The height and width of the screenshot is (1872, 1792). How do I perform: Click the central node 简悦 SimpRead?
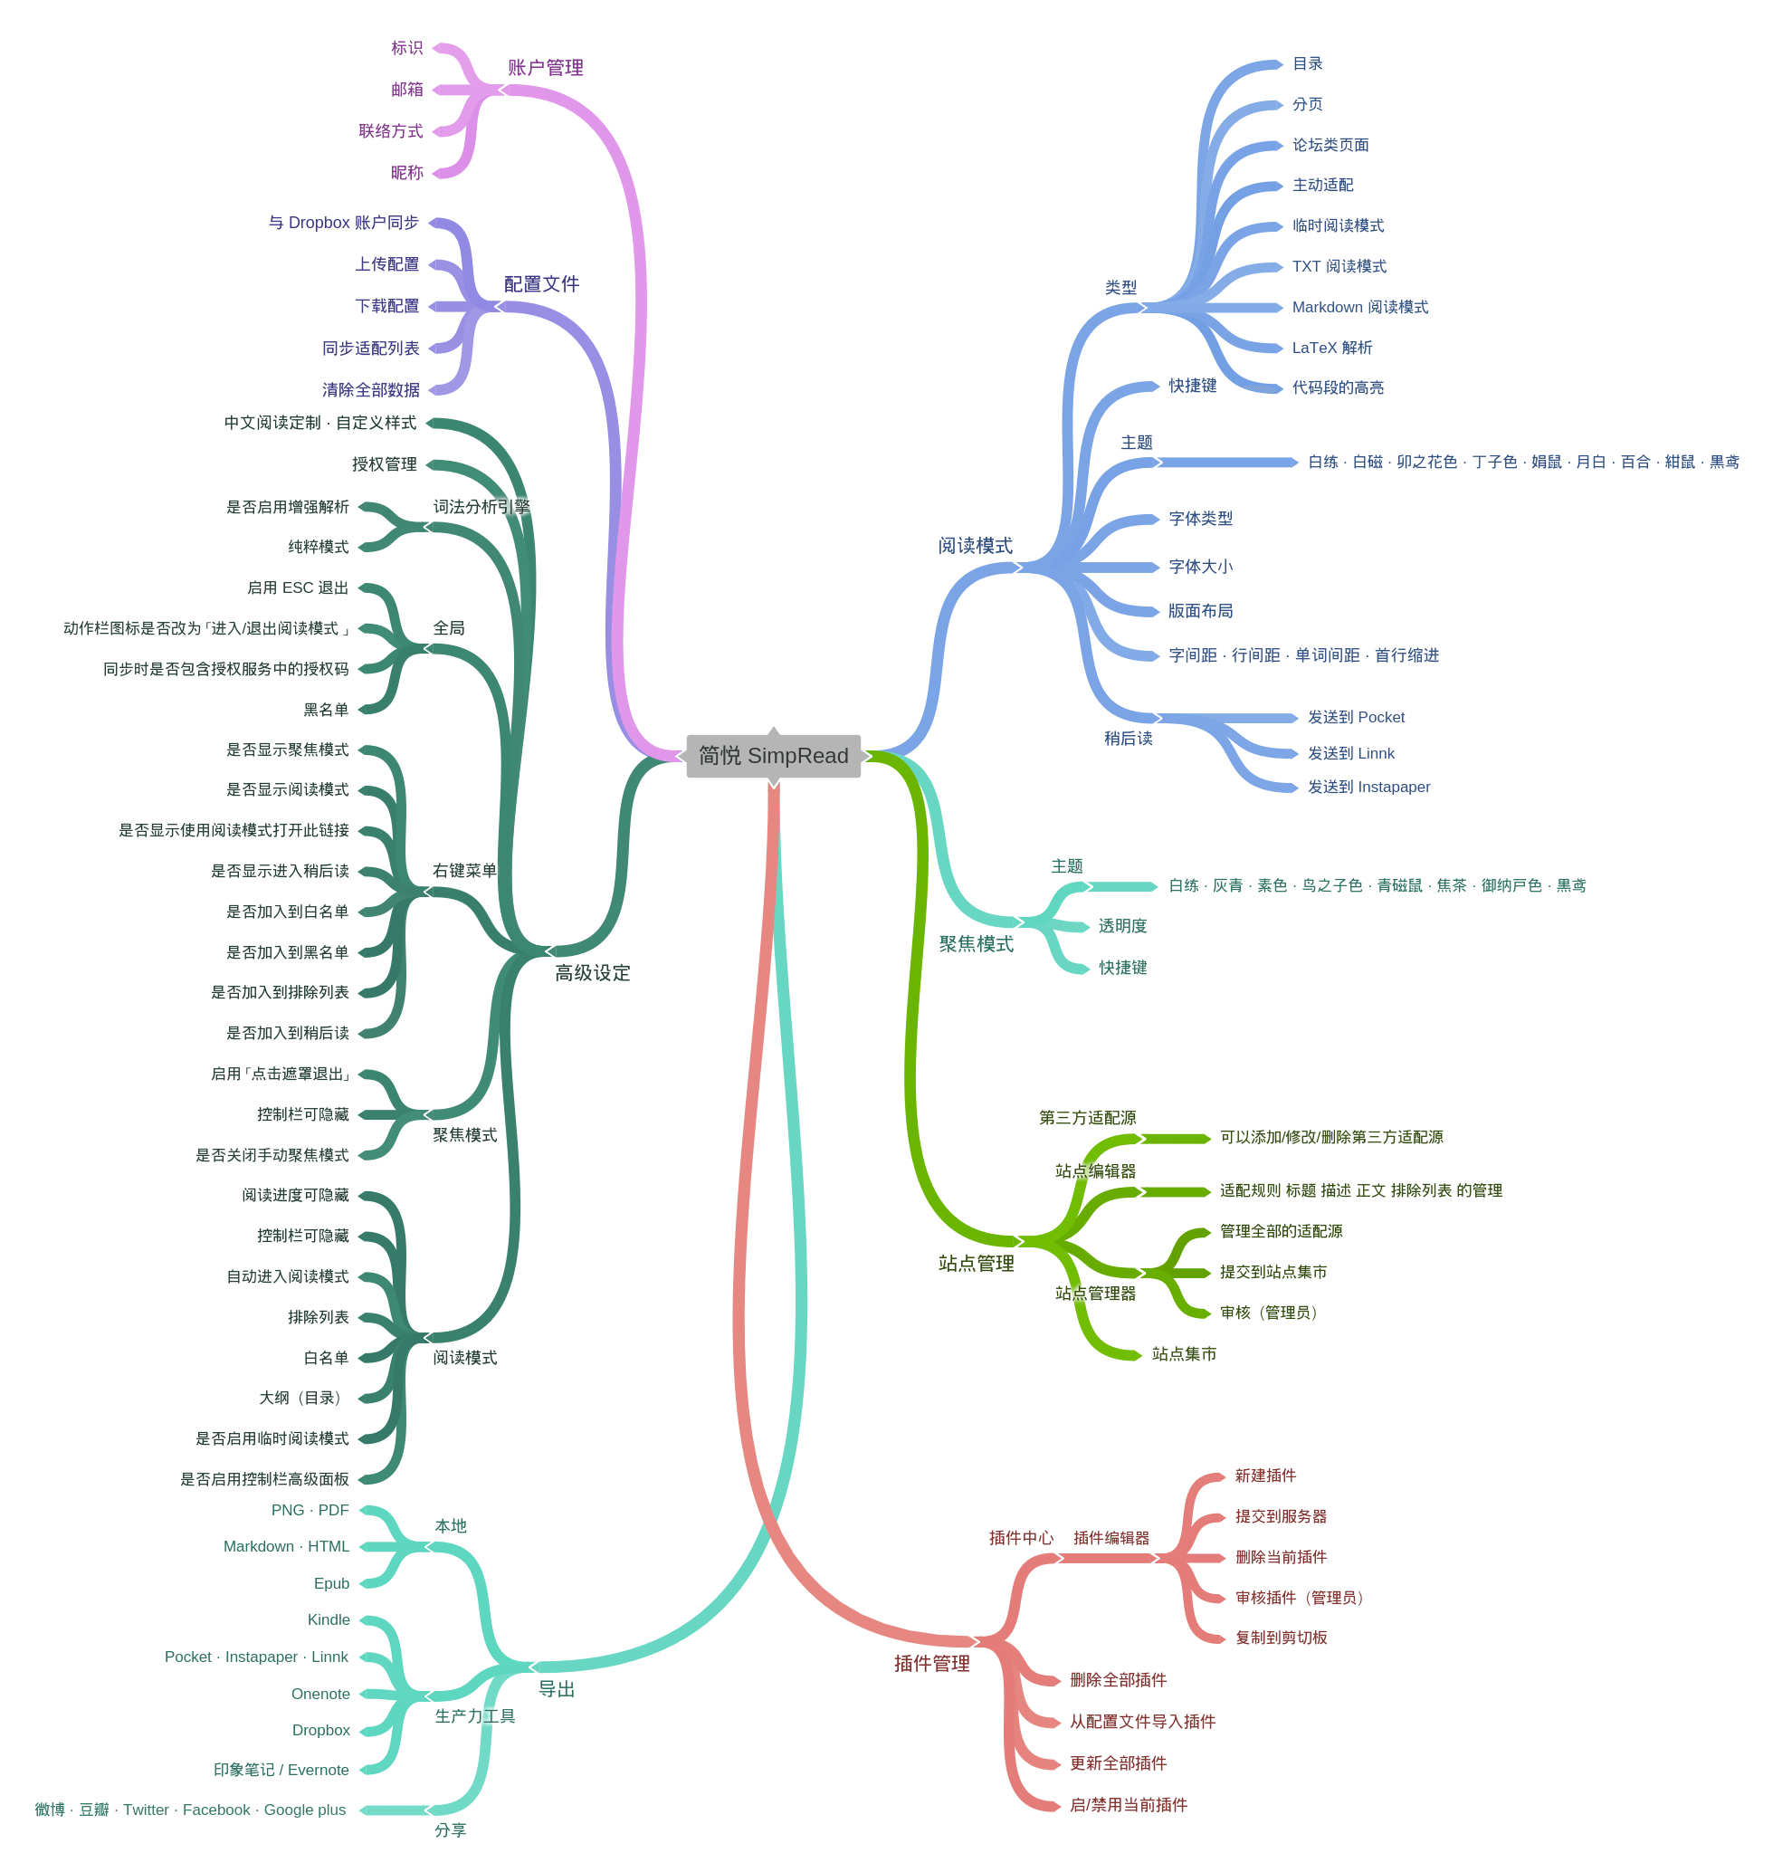coord(772,756)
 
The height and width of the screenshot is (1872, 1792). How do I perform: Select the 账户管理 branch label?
coord(545,68)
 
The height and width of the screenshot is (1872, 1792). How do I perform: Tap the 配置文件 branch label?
coord(541,283)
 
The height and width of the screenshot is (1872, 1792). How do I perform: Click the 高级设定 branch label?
coord(593,972)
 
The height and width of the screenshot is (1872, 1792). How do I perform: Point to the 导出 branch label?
coord(557,1688)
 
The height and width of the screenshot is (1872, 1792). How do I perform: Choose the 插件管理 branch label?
coord(932,1663)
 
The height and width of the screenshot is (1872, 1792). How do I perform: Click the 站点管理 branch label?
coord(976,1263)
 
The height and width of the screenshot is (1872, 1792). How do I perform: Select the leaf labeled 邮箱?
coord(406,89)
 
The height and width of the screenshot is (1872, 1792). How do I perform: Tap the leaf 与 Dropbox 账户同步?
coord(344,223)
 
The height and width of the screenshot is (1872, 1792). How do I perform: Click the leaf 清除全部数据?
coord(370,389)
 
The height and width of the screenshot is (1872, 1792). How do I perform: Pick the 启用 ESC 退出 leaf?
coord(298,587)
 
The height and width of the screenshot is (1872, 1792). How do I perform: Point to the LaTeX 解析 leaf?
coord(1332,348)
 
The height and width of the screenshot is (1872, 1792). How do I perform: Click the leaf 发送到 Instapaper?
coord(1368,787)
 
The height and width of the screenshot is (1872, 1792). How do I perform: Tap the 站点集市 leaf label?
coord(1184,1353)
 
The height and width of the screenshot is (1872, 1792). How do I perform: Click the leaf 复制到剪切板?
coord(1282,1637)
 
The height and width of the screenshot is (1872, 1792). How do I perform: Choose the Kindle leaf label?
coord(329,1619)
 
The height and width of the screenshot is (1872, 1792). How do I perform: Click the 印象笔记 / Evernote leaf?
coord(281,1770)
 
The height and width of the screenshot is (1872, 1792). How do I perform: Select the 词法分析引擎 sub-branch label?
coord(481,506)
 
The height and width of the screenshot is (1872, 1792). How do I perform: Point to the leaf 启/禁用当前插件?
coord(1129,1804)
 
